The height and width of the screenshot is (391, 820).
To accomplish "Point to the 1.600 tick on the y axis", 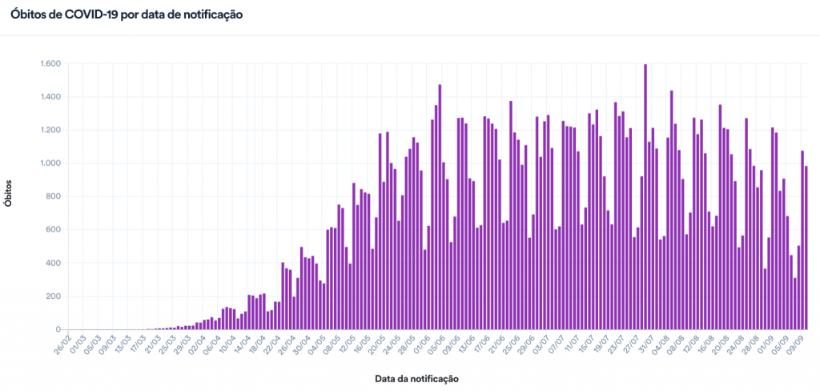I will pos(50,64).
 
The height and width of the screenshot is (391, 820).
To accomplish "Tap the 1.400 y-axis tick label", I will pos(50,97).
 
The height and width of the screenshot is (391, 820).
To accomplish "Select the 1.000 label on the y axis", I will pos(50,163).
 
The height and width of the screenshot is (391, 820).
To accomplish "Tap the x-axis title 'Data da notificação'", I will pos(416,377).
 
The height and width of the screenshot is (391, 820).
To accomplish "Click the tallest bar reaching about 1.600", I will pos(645,196).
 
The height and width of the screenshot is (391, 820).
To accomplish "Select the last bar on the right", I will pos(806,248).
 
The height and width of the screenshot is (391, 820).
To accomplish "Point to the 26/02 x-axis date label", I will pos(62,345).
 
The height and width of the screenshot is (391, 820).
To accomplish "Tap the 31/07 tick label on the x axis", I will pos(643,345).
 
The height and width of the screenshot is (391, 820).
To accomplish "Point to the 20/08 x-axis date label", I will pos(718,345).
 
